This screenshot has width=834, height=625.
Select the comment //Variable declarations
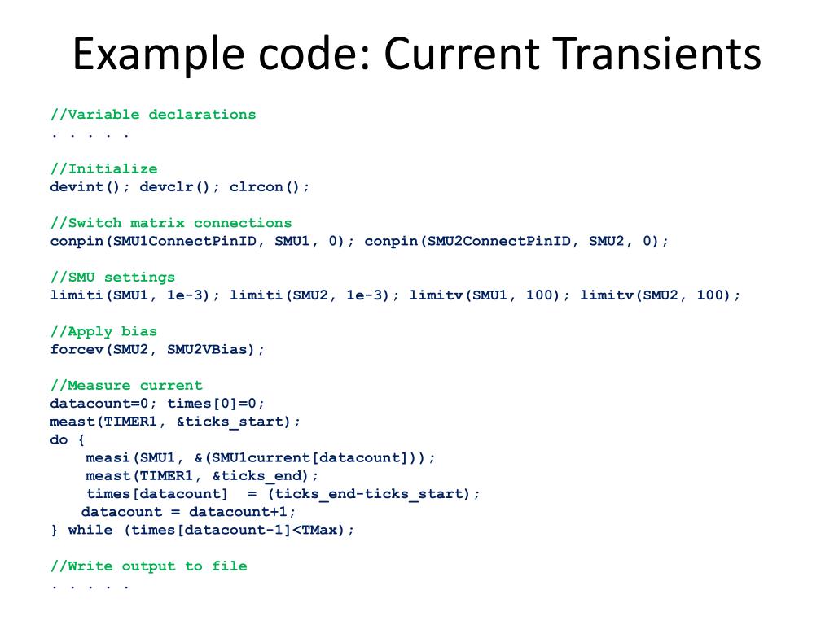coord(153,115)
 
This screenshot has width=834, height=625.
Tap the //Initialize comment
coord(104,169)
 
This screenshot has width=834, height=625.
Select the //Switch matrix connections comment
coord(171,223)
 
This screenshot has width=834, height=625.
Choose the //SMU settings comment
coord(112,278)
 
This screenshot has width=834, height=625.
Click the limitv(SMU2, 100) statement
coord(660,295)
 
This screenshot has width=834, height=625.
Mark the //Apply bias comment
coord(104,332)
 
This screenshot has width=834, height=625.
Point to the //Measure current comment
coord(126,386)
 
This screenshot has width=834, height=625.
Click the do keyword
coord(59,440)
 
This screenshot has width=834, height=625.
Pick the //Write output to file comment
coord(148,566)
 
